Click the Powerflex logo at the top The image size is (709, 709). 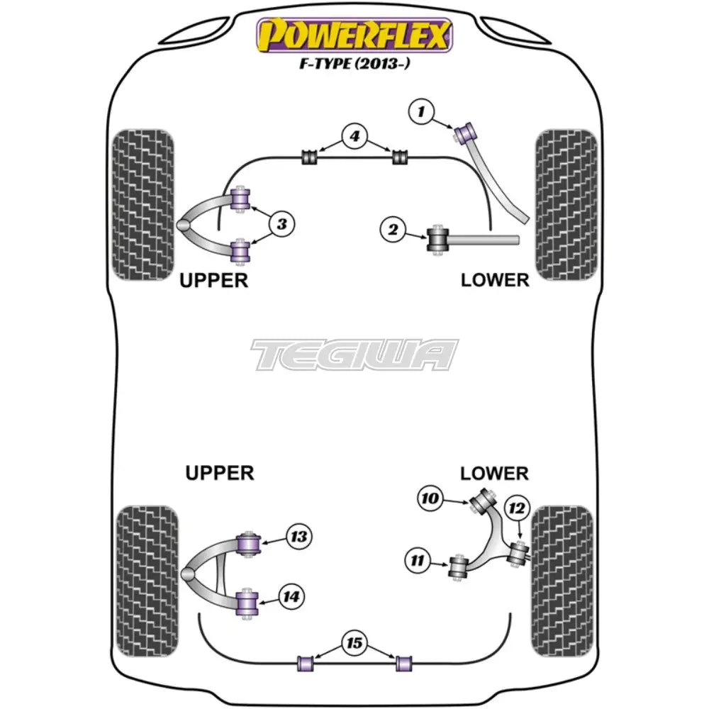(354, 35)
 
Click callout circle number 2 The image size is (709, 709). (392, 229)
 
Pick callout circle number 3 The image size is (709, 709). (281, 225)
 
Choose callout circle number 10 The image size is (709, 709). (430, 498)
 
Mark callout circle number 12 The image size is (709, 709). (517, 508)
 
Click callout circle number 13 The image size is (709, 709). (298, 537)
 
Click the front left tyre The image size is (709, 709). (143, 204)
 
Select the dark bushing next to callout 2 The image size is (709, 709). (437, 239)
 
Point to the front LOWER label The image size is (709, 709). (494, 279)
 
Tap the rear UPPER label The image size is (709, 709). (219, 472)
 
